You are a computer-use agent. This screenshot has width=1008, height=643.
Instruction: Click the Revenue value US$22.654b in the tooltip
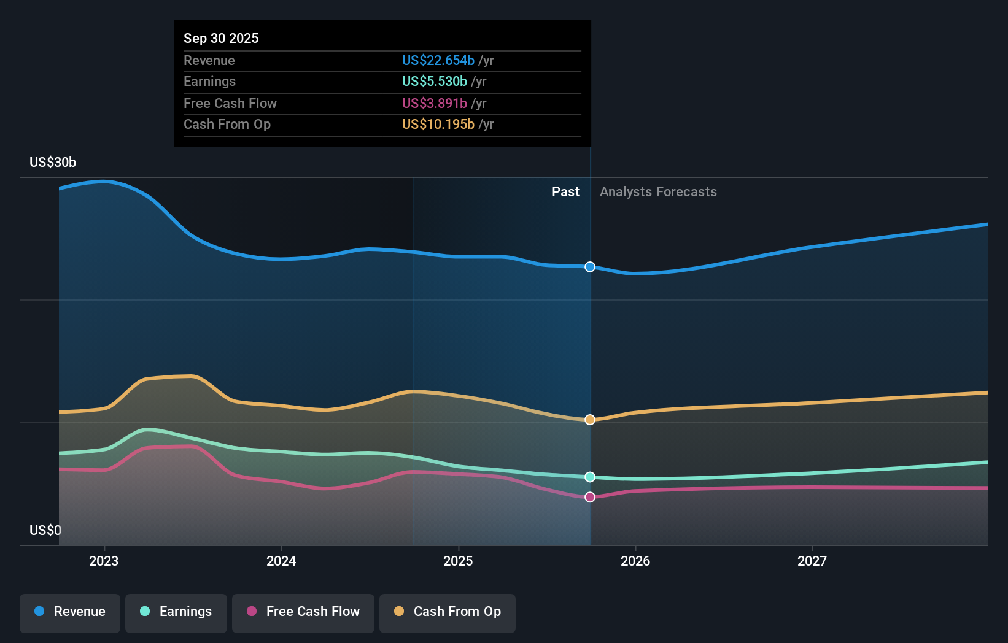click(438, 60)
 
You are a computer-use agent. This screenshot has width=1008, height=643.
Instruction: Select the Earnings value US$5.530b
click(434, 81)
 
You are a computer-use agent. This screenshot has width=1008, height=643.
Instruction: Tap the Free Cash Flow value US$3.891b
click(434, 103)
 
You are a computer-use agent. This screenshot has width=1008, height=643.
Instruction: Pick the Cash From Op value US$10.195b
click(438, 124)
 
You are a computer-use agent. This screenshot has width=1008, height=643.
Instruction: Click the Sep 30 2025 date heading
click(221, 38)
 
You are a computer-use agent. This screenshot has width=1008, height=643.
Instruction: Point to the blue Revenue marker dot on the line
click(590, 267)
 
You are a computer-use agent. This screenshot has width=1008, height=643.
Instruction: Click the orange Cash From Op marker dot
click(590, 420)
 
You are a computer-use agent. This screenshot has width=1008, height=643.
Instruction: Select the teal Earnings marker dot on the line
click(590, 477)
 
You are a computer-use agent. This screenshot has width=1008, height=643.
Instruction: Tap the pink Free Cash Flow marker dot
click(590, 497)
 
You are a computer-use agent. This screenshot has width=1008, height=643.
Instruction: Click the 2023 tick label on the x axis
click(104, 561)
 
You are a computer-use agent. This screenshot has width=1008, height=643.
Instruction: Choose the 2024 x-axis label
click(281, 561)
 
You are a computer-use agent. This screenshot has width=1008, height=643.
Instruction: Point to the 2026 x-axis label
click(635, 561)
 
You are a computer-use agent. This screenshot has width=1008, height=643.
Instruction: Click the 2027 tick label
click(812, 561)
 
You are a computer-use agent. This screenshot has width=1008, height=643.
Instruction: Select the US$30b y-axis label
click(53, 162)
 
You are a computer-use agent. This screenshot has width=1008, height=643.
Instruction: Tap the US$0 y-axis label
click(45, 530)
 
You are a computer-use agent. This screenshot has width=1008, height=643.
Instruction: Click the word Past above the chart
click(565, 191)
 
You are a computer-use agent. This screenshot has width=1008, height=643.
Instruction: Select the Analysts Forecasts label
click(658, 191)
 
